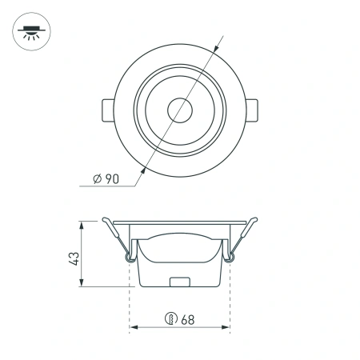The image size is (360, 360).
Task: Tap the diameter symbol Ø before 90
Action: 97,178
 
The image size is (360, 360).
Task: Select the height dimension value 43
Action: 74,258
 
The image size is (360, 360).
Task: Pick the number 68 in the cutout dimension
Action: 188,317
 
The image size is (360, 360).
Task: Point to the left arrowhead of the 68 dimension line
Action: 134,327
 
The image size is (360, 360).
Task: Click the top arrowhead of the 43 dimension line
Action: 83,224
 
